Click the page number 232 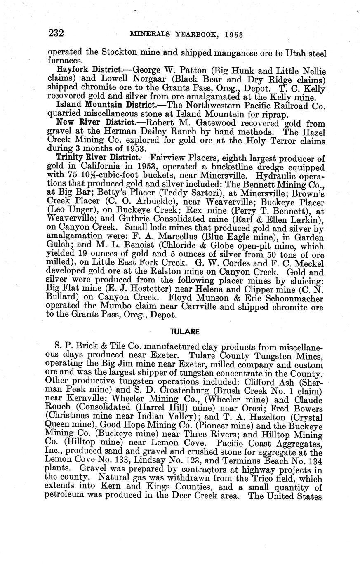click(x=56, y=33)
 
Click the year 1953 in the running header click(x=234, y=35)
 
